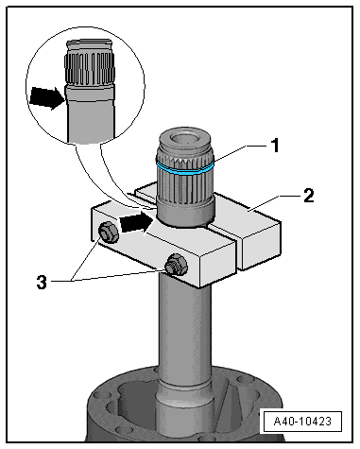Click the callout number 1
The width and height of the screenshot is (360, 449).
275,146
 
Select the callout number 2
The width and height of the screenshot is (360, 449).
309,196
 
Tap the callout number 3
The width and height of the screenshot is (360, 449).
42,282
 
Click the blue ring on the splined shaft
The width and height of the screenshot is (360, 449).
185,168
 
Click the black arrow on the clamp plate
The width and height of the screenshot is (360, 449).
136,223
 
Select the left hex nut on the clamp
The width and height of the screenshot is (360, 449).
108,233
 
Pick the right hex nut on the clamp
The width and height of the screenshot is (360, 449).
177,264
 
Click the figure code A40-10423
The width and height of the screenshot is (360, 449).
302,422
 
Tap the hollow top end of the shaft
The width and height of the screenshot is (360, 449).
184,139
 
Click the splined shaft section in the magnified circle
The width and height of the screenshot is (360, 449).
89,69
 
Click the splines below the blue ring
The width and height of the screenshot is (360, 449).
185,187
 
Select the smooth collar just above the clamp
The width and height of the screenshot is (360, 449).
186,215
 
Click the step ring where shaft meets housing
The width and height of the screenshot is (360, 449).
184,385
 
